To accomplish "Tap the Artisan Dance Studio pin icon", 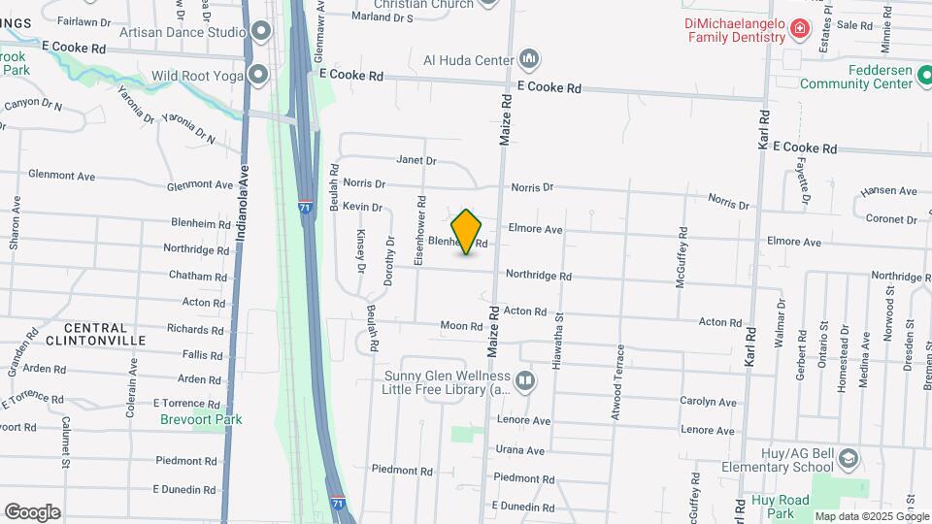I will click(260, 32).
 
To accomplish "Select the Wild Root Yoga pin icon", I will click(258, 75).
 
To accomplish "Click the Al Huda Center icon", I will click(529, 60).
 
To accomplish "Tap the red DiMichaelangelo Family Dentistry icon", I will click(800, 30).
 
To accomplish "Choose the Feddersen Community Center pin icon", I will click(923, 83).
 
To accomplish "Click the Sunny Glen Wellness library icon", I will click(525, 379).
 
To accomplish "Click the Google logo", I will click(32, 511).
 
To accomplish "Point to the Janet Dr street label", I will click(416, 160).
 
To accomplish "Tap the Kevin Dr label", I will click(363, 207).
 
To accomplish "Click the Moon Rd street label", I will click(461, 326).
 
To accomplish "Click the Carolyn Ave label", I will click(709, 402).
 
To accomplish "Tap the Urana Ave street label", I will click(520, 450).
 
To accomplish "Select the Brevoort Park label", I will click(202, 419).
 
